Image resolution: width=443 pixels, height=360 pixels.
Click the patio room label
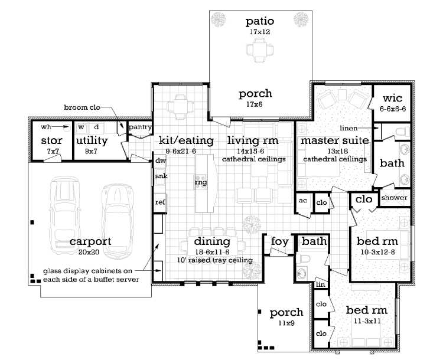click(260, 21)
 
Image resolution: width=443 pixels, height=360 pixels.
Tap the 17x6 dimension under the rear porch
click(254, 104)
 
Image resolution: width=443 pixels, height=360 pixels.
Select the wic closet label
click(392, 98)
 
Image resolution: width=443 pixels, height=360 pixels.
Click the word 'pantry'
click(140, 127)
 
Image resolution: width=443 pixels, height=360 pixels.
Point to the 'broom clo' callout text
click(82, 107)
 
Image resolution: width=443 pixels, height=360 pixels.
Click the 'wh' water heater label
click(45, 127)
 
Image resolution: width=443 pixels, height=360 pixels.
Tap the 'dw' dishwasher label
click(160, 161)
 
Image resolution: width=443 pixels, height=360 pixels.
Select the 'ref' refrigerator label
click(160, 202)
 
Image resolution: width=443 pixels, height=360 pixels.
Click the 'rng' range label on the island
click(201, 182)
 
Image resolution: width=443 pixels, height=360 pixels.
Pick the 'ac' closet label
click(303, 201)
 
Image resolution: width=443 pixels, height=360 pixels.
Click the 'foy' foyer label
click(280, 242)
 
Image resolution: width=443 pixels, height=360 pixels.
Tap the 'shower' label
click(394, 198)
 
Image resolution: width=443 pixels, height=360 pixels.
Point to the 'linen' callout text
click(348, 128)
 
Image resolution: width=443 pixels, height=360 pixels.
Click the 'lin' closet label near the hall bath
click(320, 284)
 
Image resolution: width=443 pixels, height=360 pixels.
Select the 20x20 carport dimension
click(89, 252)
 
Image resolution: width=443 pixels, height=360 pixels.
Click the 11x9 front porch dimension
click(286, 323)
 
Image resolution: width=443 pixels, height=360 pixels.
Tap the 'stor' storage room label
click(52, 140)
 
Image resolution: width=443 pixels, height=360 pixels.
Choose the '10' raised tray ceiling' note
click(215, 260)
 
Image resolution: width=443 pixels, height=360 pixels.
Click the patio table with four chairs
click(260, 50)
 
